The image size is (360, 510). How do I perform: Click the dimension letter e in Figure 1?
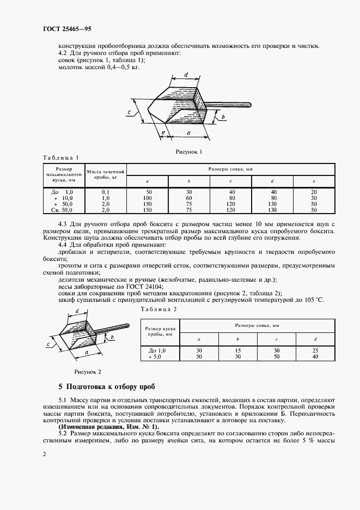[x=163, y=132]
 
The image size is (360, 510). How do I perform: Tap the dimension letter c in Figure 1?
[x=129, y=112]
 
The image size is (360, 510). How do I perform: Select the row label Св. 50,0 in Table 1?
[x=62, y=209]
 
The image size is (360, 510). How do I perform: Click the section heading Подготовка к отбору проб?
[x=111, y=387]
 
